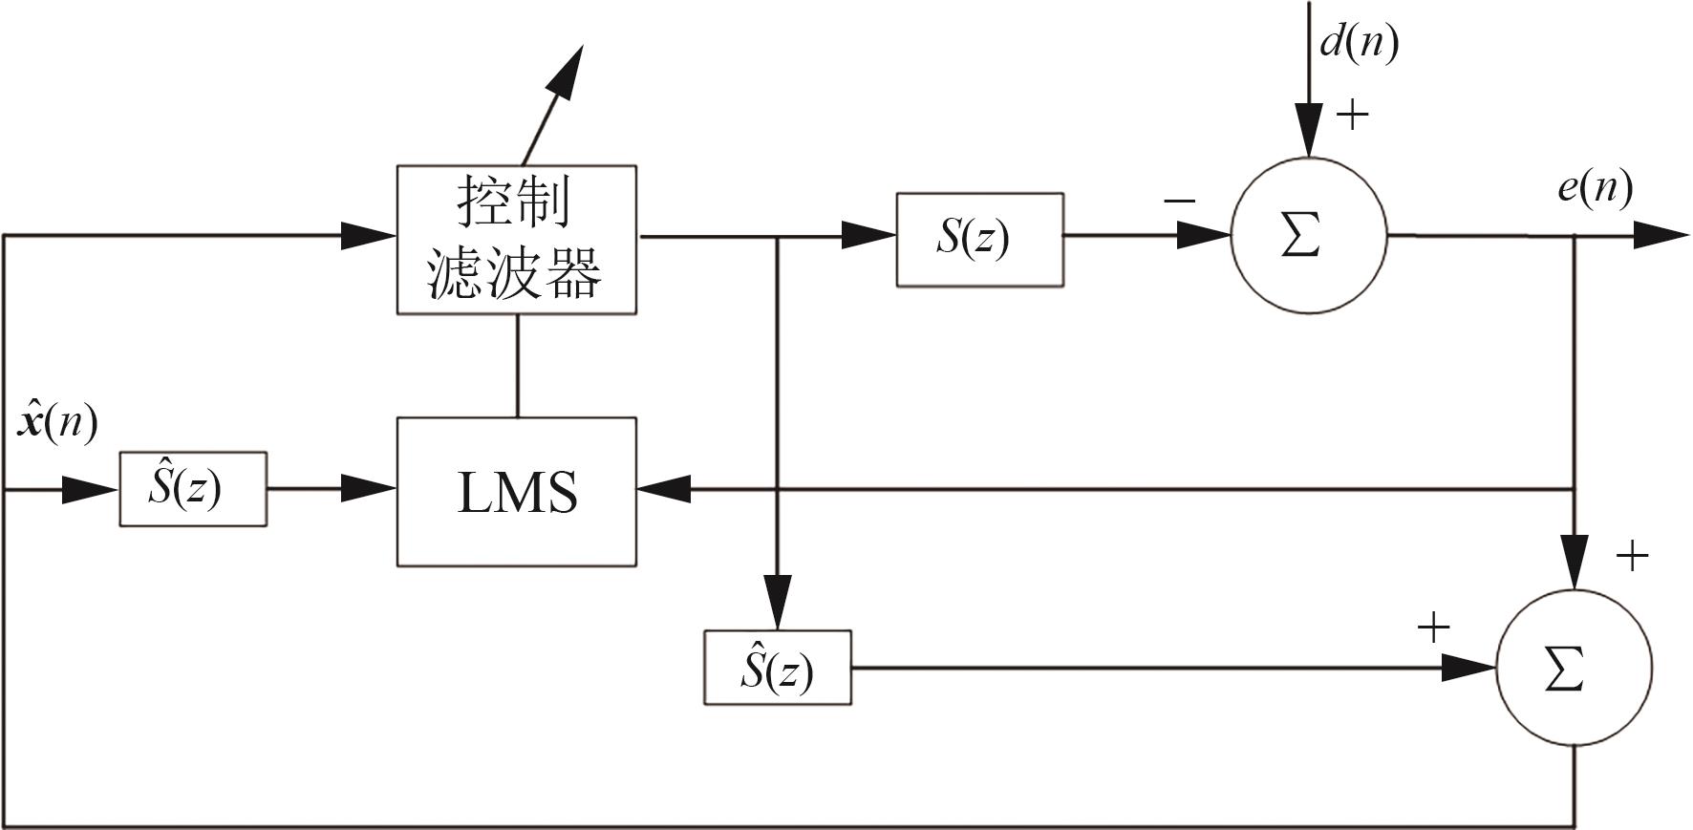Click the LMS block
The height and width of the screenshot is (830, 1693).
(516, 491)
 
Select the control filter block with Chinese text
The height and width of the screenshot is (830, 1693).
(516, 239)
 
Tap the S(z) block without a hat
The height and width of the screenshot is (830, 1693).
(979, 239)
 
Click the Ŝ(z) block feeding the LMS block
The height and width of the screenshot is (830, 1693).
(192, 489)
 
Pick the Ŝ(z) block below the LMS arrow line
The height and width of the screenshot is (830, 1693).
(777, 668)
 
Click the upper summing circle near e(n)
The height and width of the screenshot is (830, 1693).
(1308, 236)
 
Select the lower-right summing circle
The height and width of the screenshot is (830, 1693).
(1573, 668)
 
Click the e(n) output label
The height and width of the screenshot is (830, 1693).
(1594, 187)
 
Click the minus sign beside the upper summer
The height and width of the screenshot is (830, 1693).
(1180, 202)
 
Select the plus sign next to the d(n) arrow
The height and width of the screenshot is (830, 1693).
(1352, 116)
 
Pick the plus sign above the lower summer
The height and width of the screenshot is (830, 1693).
(1632, 556)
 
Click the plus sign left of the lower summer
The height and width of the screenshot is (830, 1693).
(1433, 628)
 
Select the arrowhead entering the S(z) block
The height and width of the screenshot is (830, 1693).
(868, 235)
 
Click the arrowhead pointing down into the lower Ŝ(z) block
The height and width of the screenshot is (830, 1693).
(778, 602)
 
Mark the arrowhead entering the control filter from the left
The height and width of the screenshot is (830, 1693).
(369, 235)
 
